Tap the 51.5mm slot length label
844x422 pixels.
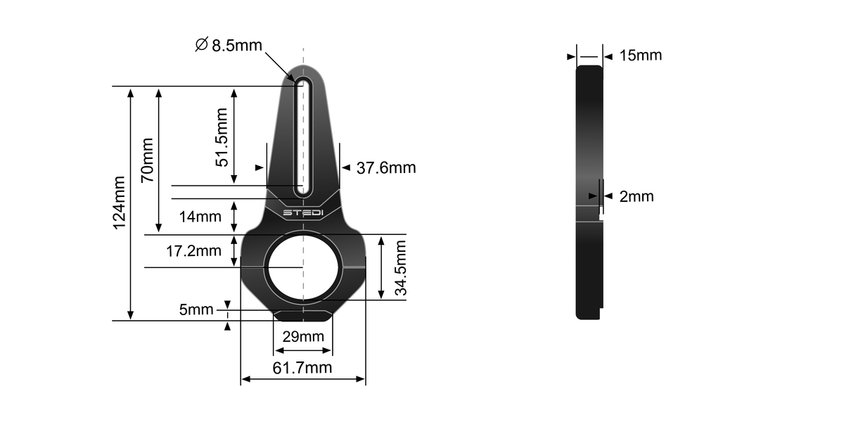[x=222, y=136]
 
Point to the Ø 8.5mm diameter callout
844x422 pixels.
[x=228, y=46]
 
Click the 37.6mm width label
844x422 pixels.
[x=386, y=168]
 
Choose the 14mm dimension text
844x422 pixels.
[x=200, y=217]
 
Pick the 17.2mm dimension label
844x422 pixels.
[x=193, y=250]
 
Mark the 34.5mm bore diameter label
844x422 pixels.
[x=399, y=269]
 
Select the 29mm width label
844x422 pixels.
[x=302, y=336]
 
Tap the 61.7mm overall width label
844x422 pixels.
[x=302, y=367]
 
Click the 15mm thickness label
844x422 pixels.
[x=641, y=55]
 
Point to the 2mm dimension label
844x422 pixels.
[x=637, y=196]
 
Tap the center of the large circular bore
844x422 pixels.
[x=303, y=268]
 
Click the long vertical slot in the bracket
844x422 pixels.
[x=303, y=137]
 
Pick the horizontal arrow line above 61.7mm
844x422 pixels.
[x=302, y=380]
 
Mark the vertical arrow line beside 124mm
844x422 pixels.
[x=130, y=204]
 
